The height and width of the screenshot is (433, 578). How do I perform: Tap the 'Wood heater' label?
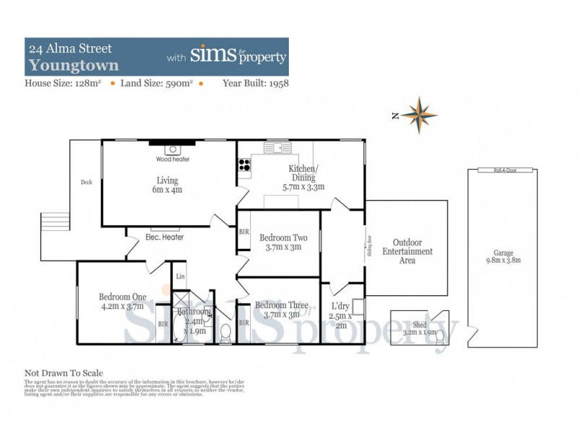pos(173,159)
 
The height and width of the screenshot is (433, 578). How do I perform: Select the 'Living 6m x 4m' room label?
pos(168,185)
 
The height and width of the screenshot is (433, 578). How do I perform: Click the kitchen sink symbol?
pos(277,148)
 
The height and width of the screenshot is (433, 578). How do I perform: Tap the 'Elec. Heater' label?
pos(165,237)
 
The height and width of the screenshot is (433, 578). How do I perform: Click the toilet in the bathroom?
pos(225,333)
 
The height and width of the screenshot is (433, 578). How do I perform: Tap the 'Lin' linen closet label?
pos(181,276)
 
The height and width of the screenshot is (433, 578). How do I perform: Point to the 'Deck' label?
pos(87,182)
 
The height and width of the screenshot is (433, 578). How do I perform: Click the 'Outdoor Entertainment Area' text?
pos(407,252)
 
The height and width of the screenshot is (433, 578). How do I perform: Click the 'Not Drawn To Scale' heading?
pos(64,373)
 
